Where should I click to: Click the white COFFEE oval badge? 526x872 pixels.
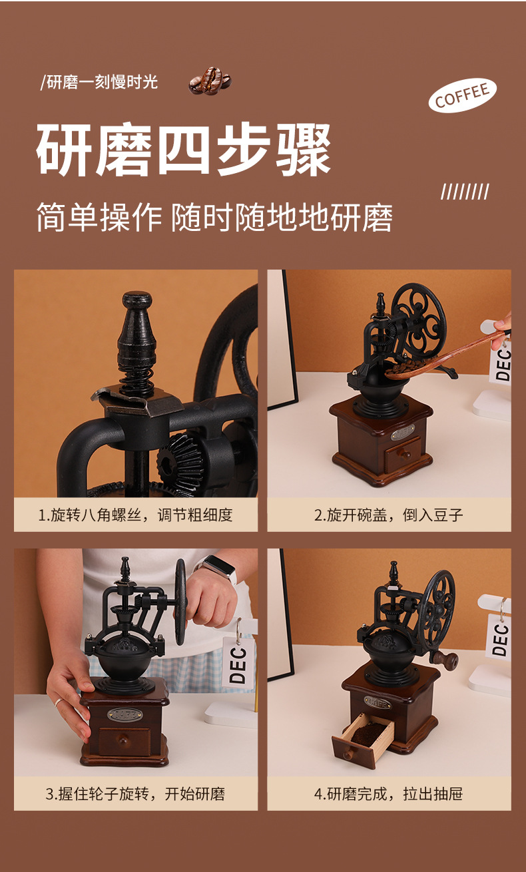tap(463, 95)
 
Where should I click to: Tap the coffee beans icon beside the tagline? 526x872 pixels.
tap(210, 81)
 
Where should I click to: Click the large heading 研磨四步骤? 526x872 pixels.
tap(183, 149)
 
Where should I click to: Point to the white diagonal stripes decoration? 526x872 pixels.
tap(465, 192)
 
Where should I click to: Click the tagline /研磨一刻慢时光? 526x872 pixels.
tap(99, 82)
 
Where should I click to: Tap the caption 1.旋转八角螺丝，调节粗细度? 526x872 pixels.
tap(135, 515)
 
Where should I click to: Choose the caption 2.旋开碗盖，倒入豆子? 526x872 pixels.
tap(389, 515)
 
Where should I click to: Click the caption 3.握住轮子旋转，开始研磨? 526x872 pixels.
tap(135, 793)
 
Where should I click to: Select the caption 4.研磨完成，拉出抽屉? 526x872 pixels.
tap(389, 793)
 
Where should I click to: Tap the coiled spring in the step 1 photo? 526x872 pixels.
tap(137, 379)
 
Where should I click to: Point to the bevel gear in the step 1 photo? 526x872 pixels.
tap(181, 463)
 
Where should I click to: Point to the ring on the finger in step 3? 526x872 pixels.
tap(58, 702)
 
